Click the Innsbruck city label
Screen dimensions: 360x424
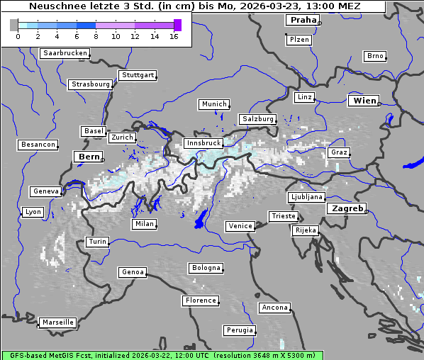[203, 143]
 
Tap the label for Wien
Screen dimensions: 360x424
[364, 101]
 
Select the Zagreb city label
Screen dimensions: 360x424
[347, 209]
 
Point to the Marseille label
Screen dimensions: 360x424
[57, 322]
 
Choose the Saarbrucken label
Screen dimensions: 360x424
[65, 53]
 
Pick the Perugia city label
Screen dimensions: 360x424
[240, 330]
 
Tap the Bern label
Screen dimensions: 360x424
[89, 157]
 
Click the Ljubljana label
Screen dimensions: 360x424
[306, 197]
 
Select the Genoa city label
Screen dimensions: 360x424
[133, 272]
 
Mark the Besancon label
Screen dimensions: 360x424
[38, 145]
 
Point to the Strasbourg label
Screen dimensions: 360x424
[90, 84]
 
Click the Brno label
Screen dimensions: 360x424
[375, 56]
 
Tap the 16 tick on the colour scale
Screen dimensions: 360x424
[174, 35]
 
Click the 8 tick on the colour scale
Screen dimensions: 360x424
[96, 35]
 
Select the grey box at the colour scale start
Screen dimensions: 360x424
[13, 25]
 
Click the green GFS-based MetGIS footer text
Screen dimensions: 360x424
[162, 355]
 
